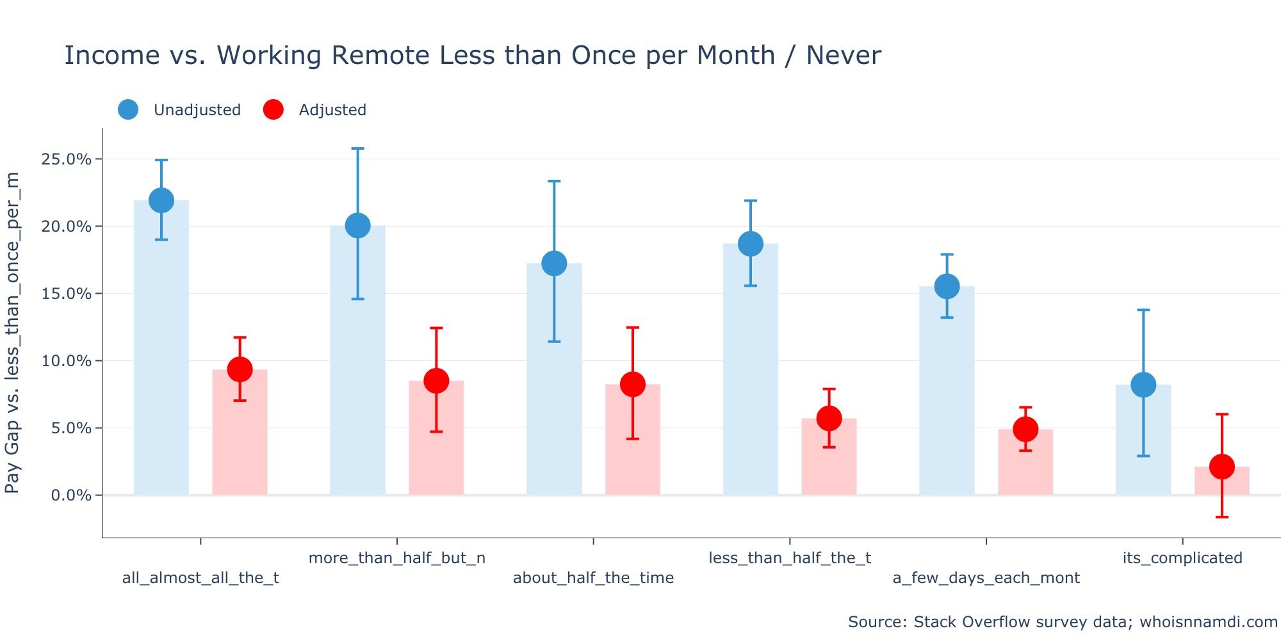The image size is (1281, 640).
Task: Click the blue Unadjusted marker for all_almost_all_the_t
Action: pos(161,200)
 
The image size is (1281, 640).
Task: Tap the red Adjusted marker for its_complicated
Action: pos(1222,467)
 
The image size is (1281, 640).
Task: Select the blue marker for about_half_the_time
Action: pos(554,263)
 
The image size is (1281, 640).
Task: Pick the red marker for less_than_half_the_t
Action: pos(829,419)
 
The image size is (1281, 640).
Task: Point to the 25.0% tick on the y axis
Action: pos(66,159)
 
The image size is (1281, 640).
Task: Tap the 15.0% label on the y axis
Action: pos(66,294)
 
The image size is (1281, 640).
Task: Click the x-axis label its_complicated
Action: pos(1182,558)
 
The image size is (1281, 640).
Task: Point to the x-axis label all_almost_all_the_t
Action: pos(200,578)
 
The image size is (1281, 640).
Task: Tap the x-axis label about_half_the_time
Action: pos(593,578)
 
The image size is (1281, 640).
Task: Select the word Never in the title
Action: pos(843,55)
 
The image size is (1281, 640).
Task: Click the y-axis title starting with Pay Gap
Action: pos(12,333)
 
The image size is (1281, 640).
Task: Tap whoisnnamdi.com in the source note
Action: pos(1208,622)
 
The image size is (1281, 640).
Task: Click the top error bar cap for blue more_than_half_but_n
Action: pos(357,148)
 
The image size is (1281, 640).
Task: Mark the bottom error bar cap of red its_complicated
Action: pos(1222,516)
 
